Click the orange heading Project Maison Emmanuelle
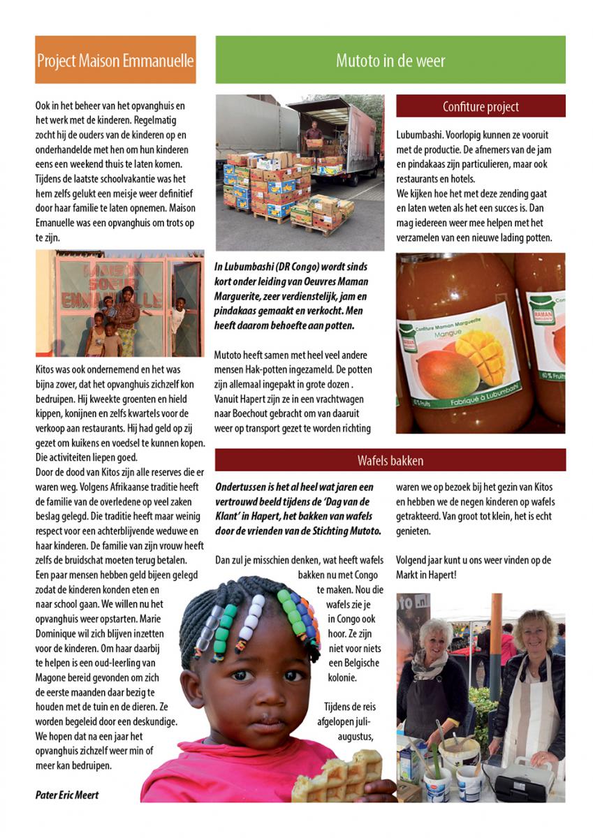pyautogui.click(x=115, y=60)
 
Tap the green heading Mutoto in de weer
pyautogui.click(x=390, y=60)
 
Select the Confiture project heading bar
pyautogui.click(x=481, y=107)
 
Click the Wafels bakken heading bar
pyautogui.click(x=390, y=460)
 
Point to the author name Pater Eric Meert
pyautogui.click(x=67, y=795)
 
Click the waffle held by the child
pyautogui.click(x=338, y=775)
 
